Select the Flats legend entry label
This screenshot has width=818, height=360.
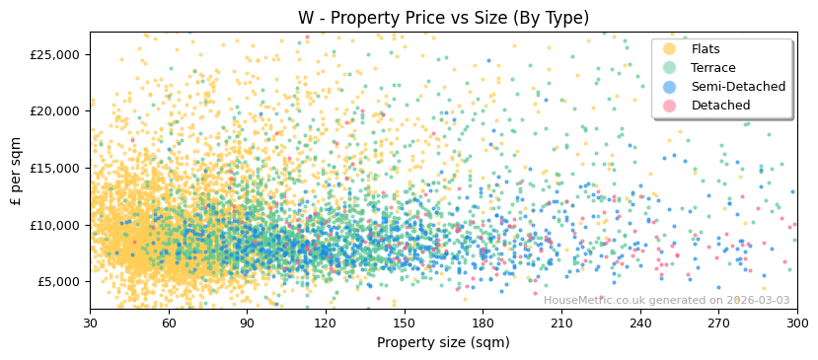click(x=706, y=49)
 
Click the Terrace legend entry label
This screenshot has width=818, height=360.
click(x=713, y=68)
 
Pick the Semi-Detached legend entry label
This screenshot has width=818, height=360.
click(x=738, y=87)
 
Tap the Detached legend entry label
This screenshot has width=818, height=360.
click(x=720, y=106)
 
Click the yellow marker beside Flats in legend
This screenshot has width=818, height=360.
click(x=670, y=49)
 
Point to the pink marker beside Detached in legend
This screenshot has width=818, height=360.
click(x=670, y=106)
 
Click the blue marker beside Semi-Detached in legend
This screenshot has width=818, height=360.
click(x=670, y=87)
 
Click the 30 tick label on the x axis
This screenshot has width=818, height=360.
click(x=90, y=324)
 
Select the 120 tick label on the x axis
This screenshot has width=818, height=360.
click(x=326, y=324)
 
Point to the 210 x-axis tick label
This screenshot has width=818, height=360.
click(x=561, y=324)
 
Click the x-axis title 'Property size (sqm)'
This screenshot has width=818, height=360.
click(x=443, y=343)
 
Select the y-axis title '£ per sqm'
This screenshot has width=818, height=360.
click(x=17, y=171)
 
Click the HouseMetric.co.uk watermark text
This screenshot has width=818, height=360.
click(x=666, y=301)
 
